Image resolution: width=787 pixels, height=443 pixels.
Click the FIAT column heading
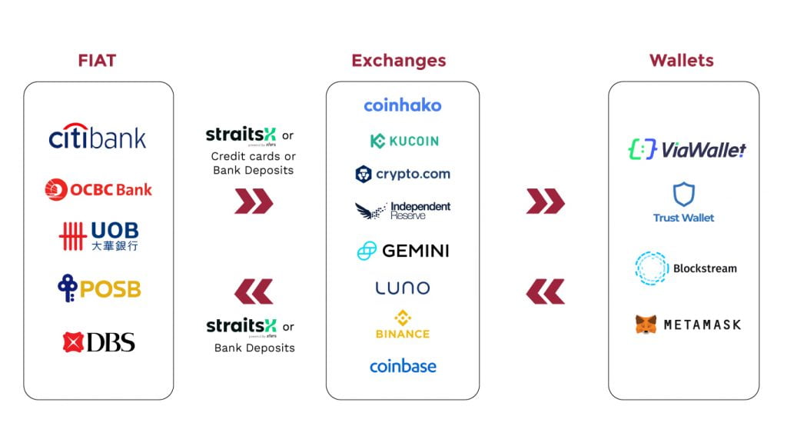click(97, 61)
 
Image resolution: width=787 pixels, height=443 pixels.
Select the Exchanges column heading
click(399, 61)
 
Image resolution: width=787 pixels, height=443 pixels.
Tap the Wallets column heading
click(681, 61)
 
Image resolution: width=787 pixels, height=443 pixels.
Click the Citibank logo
click(98, 136)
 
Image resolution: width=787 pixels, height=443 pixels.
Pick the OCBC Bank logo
click(98, 189)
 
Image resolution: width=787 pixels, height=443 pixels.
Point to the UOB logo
click(99, 235)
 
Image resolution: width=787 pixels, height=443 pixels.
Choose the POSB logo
click(99, 288)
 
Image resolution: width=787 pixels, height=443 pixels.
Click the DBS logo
click(99, 342)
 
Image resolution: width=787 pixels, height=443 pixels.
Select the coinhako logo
click(403, 105)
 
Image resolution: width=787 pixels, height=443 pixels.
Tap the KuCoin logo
click(404, 142)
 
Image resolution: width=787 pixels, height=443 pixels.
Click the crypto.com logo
click(403, 175)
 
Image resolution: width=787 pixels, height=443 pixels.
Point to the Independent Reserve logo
click(403, 211)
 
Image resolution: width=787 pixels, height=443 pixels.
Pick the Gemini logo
click(403, 251)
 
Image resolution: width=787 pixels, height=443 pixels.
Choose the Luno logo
click(403, 288)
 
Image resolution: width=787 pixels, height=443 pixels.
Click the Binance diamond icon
click(403, 318)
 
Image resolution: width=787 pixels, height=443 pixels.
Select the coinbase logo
click(403, 366)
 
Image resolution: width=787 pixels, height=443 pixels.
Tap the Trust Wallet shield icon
click(683, 195)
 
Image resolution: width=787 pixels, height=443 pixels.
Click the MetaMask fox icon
click(646, 325)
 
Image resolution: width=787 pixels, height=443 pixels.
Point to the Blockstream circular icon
click(652, 268)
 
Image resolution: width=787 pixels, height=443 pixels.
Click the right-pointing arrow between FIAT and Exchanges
click(254, 202)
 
